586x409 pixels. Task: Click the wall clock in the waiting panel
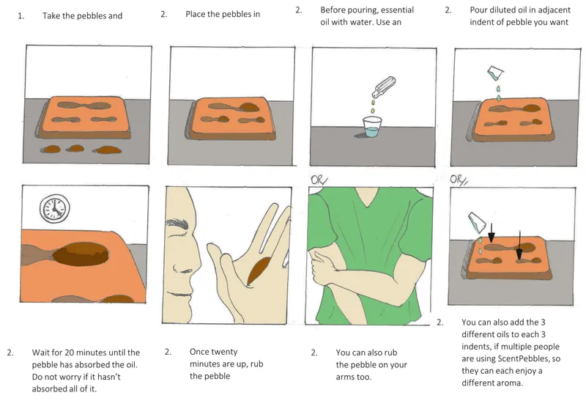[x=55, y=209]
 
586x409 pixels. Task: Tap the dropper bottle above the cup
[x=383, y=87]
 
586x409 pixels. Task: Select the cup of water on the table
[x=372, y=127]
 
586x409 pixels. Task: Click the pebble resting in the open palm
[x=259, y=270]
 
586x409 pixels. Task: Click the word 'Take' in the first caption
[x=51, y=15]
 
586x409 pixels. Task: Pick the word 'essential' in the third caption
[x=397, y=10]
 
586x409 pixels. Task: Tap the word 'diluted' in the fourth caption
[x=501, y=10]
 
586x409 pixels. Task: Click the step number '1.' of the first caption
[x=21, y=15]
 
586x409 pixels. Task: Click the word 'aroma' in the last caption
[x=509, y=383]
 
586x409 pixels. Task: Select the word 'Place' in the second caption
[x=195, y=14]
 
